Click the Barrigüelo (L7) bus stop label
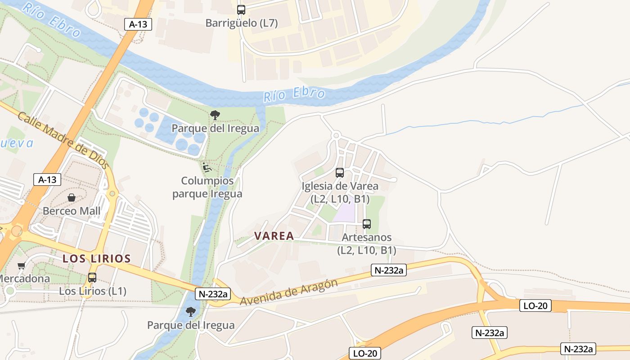click(x=241, y=23)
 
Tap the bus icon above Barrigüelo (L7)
click(x=241, y=9)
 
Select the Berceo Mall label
click(x=72, y=211)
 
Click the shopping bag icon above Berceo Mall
click(x=72, y=198)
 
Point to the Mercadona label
click(x=25, y=279)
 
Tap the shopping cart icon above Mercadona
click(x=21, y=265)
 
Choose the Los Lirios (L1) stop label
click(x=93, y=291)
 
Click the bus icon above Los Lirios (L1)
click(x=92, y=278)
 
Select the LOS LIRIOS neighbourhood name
click(x=97, y=259)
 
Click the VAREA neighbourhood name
click(x=274, y=236)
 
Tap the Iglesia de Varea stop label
click(x=340, y=192)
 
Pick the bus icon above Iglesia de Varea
click(x=340, y=173)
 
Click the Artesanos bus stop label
click(x=367, y=243)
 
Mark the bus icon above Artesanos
click(x=367, y=224)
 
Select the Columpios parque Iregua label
click(x=207, y=187)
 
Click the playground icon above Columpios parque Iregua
click(x=207, y=168)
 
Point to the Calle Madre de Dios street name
click(x=63, y=140)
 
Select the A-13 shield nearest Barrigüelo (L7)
click(x=138, y=24)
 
